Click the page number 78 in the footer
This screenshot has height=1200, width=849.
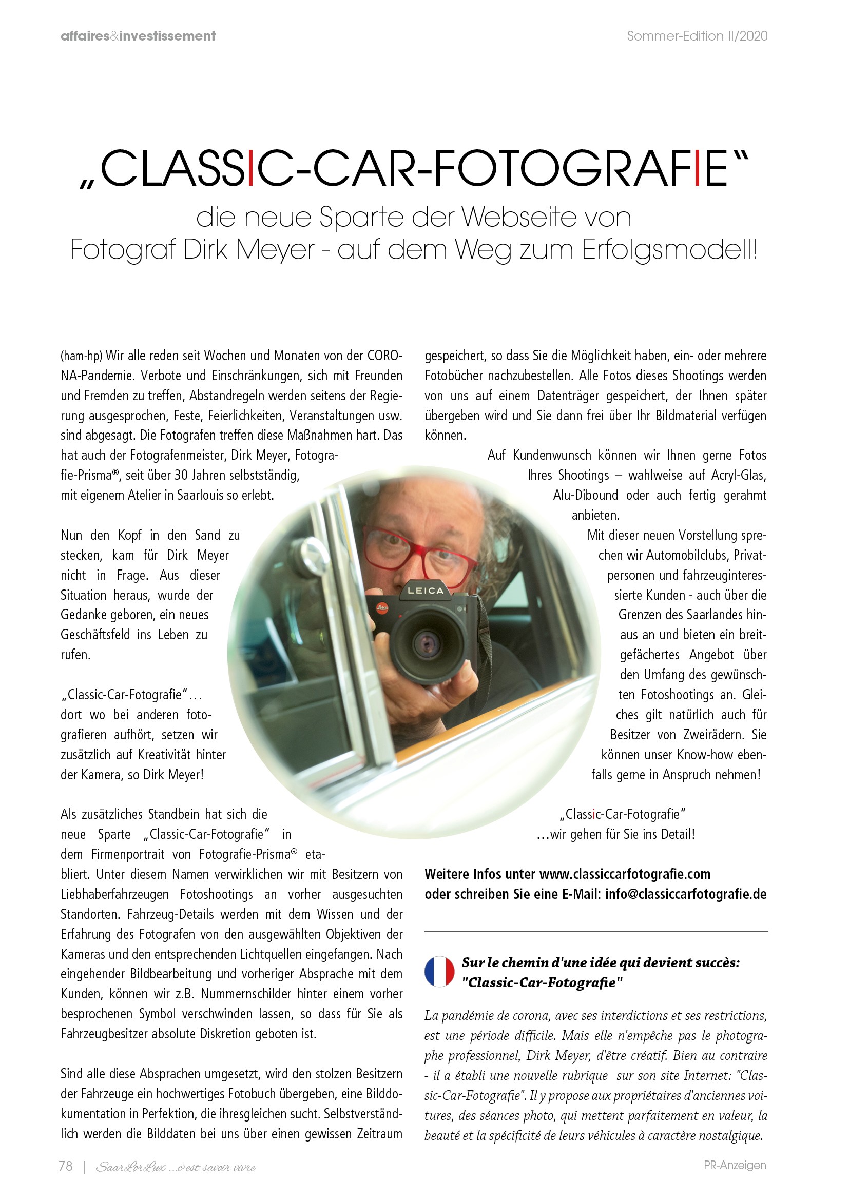tap(66, 1166)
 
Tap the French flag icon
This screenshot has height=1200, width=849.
tap(440, 972)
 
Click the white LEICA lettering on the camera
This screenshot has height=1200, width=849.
tap(426, 591)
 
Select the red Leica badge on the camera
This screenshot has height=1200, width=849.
tap(383, 608)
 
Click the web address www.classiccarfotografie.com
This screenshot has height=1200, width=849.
tap(625, 874)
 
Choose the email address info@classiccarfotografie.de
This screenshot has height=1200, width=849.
tap(686, 894)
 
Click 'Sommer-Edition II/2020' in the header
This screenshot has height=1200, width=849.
tap(697, 36)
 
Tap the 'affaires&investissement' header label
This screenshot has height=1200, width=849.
tap(138, 36)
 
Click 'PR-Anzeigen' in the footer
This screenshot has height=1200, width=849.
tap(735, 1165)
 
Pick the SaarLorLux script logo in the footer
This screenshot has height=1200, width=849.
tap(176, 1167)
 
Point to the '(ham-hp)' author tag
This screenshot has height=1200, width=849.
tap(81, 356)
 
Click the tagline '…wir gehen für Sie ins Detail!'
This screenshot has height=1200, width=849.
tap(616, 834)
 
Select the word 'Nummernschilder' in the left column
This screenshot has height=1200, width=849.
tap(247, 994)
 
